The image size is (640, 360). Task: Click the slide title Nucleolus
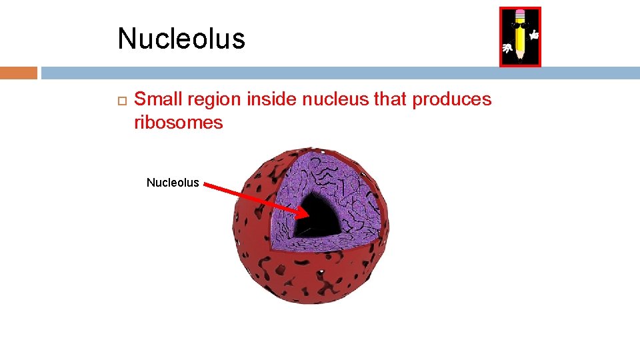pos(181,39)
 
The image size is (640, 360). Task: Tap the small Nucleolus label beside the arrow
pos(173,183)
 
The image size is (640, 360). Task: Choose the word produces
pos(452,100)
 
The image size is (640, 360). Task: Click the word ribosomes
pos(179,123)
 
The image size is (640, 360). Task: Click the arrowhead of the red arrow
pos(303,214)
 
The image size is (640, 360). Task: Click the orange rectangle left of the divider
pos(19,73)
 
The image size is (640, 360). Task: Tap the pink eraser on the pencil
pos(519,13)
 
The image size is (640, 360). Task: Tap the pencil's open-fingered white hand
pos(507,49)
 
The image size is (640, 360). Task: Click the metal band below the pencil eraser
pos(519,20)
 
